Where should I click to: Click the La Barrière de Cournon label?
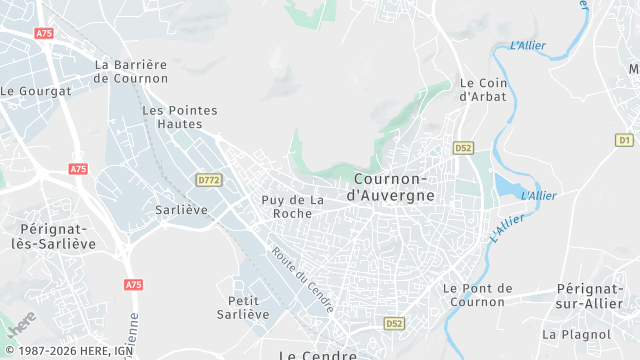point(130,72)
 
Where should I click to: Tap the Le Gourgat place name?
point(36,91)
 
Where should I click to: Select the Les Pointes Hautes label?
point(180,117)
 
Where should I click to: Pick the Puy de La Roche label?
point(294,207)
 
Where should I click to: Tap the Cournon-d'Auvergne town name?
point(394,187)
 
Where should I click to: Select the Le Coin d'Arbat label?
point(482,90)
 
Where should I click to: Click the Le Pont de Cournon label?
point(477,295)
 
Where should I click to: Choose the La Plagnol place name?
point(575,334)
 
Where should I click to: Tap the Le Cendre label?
point(317,354)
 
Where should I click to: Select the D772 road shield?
point(209,180)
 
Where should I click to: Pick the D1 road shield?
point(625,141)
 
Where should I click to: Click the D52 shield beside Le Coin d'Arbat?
point(462,147)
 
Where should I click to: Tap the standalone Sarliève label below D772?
point(180,210)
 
